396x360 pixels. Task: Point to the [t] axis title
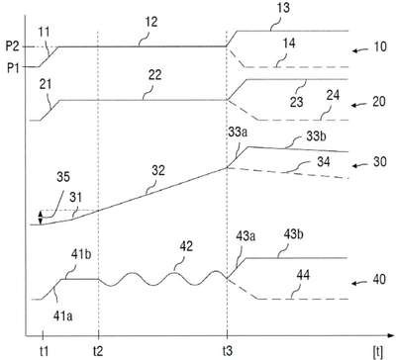pyautogui.click(x=378, y=352)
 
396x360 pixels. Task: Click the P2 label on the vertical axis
pyautogui.click(x=13, y=46)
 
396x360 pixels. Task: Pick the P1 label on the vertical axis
pyautogui.click(x=13, y=69)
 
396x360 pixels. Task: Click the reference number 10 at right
pyautogui.click(x=379, y=46)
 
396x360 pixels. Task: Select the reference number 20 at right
pyautogui.click(x=379, y=101)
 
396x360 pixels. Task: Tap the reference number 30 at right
pyautogui.click(x=379, y=161)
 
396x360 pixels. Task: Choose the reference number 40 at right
pyautogui.click(x=379, y=279)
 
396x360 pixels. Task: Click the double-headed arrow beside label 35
pyautogui.click(x=41, y=218)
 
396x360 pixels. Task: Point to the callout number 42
pyautogui.click(x=185, y=246)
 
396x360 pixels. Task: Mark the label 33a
pyautogui.click(x=238, y=135)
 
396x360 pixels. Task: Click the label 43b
pyautogui.click(x=293, y=235)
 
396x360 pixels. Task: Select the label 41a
pyautogui.click(x=62, y=315)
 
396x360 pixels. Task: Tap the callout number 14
pyautogui.click(x=289, y=44)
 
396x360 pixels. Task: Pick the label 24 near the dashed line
pyautogui.click(x=333, y=96)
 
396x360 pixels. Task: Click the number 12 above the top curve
pyautogui.click(x=151, y=23)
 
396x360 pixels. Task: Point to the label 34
pyautogui.click(x=324, y=161)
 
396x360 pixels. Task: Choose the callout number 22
pyautogui.click(x=154, y=75)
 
